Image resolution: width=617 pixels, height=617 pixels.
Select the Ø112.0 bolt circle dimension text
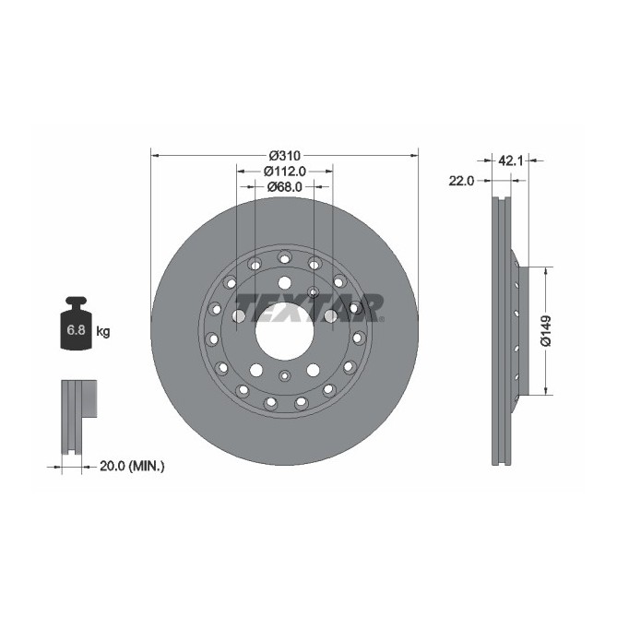(284, 171)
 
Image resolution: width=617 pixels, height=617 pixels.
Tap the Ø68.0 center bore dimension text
(284, 187)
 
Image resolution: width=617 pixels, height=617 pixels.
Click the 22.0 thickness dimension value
(460, 181)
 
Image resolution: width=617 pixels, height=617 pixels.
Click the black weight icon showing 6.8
(76, 325)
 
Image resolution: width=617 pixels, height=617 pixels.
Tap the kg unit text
(103, 331)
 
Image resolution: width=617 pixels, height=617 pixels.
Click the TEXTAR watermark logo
(307, 305)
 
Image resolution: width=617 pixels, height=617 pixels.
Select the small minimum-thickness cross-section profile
(78, 415)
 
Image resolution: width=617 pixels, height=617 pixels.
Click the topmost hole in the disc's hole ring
(284, 256)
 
